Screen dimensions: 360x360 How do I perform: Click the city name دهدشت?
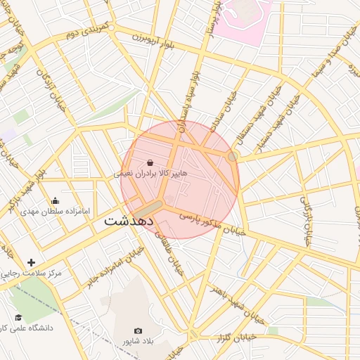(x=129, y=220)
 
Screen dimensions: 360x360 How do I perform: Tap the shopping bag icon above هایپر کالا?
(x=150, y=162)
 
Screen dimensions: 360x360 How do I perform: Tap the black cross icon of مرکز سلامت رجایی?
(x=31, y=262)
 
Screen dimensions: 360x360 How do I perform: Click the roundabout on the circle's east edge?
(x=233, y=156)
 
